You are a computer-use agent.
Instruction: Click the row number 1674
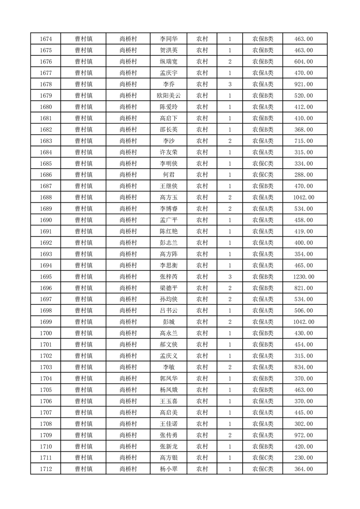pos(45,39)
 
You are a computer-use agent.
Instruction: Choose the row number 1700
pos(45,333)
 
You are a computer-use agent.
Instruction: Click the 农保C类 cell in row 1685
pos(263,163)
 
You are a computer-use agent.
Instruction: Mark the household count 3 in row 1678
pos(230,84)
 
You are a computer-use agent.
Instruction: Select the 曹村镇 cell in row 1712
pos(84,469)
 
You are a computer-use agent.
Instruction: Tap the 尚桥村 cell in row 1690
pos(128,220)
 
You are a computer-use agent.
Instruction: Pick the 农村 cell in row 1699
pos(202,322)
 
